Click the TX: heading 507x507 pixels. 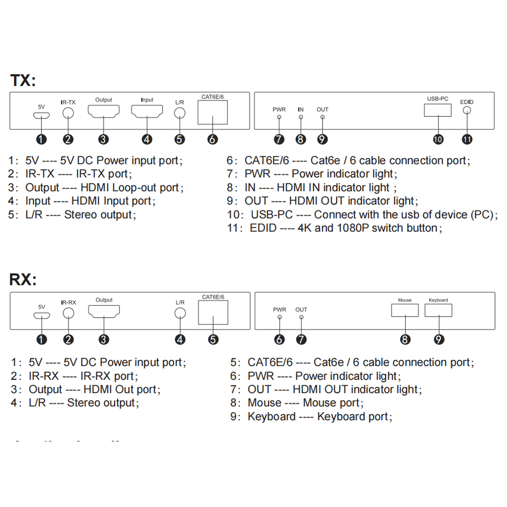point(23,80)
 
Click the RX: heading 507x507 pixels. point(23,279)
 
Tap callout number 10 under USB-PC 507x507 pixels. point(438,139)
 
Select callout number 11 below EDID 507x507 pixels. point(467,139)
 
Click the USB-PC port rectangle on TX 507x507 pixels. point(437,110)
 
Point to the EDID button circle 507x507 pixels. point(467,111)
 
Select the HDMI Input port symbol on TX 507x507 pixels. point(147,111)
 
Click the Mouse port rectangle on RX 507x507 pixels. point(405,310)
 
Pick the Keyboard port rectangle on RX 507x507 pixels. point(438,310)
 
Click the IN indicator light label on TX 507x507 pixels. point(301,110)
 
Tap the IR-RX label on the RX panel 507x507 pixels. point(68,302)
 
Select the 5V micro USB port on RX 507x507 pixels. point(41,316)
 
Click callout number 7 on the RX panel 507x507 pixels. point(301,340)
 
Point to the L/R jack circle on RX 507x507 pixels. point(180,313)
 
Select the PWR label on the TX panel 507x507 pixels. point(279,110)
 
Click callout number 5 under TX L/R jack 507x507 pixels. point(180,139)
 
